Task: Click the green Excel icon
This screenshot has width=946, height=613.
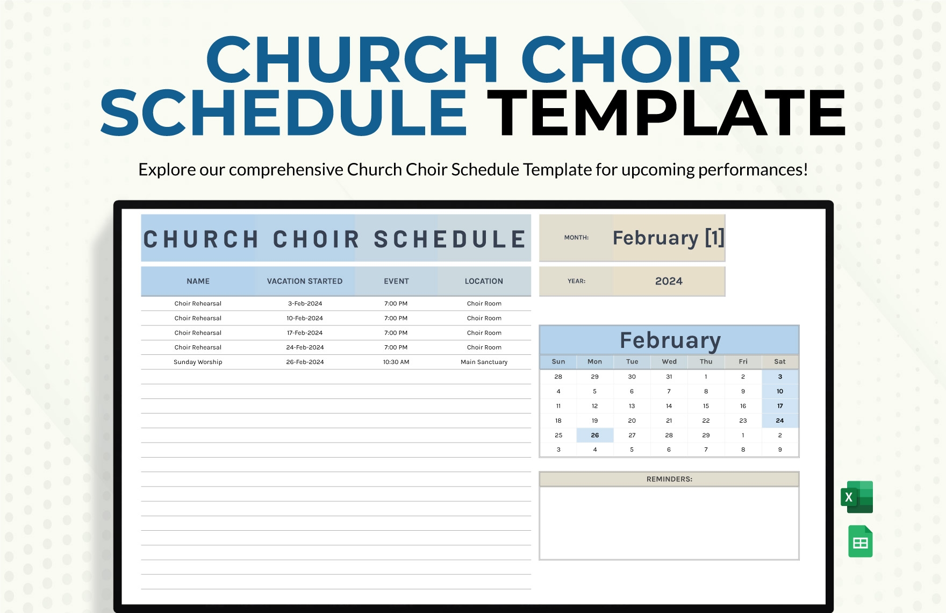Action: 857,497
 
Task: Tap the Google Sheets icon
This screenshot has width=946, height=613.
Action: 860,541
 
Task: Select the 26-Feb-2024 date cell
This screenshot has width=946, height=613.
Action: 305,362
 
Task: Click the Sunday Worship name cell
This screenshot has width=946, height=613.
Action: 198,362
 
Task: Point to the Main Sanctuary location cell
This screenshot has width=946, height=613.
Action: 484,362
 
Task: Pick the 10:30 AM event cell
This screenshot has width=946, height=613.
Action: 396,362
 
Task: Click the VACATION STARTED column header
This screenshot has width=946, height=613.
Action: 305,281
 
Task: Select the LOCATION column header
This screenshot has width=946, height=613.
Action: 484,281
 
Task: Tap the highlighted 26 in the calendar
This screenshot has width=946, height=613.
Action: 595,435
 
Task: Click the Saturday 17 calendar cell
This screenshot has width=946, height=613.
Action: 780,406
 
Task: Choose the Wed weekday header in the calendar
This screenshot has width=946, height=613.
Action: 669,361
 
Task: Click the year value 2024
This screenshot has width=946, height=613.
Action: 669,281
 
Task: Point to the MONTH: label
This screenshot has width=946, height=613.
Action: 576,237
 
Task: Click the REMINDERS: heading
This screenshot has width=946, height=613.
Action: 669,479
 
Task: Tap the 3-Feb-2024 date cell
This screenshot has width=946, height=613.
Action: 305,303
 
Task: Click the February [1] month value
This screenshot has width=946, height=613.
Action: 669,238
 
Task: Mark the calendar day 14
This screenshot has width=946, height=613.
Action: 669,406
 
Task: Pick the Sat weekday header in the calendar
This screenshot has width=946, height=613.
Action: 780,361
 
